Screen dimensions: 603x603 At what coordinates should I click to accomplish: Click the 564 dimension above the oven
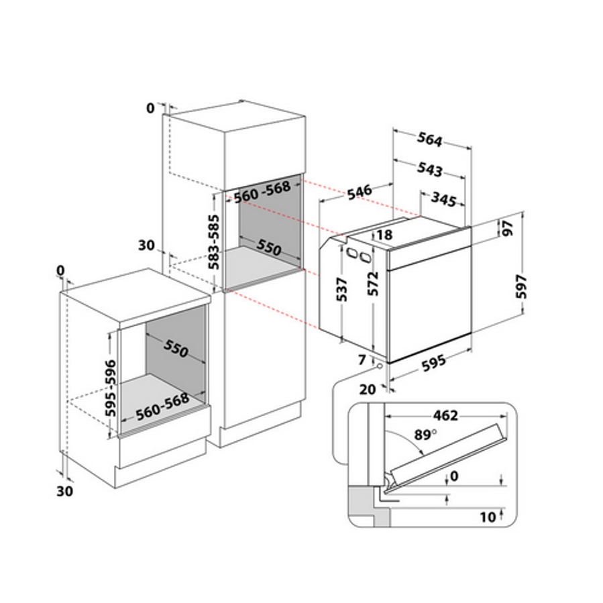[x=429, y=140]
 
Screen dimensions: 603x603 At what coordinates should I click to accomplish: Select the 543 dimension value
[x=429, y=170]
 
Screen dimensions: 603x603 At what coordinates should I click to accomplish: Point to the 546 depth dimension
[x=360, y=193]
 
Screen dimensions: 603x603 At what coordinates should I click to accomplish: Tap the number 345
[x=444, y=199]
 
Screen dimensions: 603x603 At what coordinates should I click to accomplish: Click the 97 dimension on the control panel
[x=508, y=229]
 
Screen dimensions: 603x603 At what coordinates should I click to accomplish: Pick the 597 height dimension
[x=521, y=286]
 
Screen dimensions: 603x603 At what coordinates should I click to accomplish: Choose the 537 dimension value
[x=341, y=290]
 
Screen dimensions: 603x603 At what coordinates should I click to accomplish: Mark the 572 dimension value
[x=373, y=284]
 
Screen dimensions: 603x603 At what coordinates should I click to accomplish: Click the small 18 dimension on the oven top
[x=384, y=235]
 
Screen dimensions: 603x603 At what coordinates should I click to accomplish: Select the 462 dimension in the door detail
[x=445, y=416]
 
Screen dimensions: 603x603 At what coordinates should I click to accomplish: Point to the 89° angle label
[x=425, y=435]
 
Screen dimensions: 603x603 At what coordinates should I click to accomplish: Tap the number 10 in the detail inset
[x=488, y=517]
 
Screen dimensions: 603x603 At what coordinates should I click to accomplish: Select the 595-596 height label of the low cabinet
[x=111, y=388]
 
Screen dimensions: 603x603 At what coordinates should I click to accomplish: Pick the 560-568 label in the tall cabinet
[x=262, y=192]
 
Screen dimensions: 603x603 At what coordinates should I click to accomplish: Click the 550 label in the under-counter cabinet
[x=176, y=348]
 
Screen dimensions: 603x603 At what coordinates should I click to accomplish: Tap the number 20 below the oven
[x=368, y=390]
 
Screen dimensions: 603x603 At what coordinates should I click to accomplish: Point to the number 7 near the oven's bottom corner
[x=362, y=360]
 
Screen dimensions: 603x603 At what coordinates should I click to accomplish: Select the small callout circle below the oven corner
[x=380, y=366]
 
